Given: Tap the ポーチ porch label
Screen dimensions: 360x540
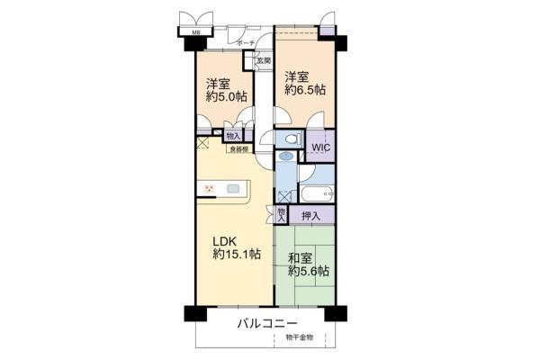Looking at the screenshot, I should pyautogui.click(x=245, y=44).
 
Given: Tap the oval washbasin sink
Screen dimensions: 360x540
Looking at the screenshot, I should pyautogui.click(x=285, y=156).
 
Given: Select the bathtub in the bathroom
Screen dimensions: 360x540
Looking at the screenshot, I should pyautogui.click(x=317, y=194).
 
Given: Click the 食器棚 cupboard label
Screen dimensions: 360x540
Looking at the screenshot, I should pyautogui.click(x=238, y=151).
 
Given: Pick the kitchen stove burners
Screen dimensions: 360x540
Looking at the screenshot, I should pyautogui.click(x=211, y=189).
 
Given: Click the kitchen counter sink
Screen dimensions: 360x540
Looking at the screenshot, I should pyautogui.click(x=236, y=189).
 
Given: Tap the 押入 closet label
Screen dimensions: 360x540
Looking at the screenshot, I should pyautogui.click(x=311, y=215).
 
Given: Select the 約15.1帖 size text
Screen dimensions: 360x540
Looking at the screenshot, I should pyautogui.click(x=237, y=256).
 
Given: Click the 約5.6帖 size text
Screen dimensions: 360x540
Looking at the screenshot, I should pyautogui.click(x=309, y=271).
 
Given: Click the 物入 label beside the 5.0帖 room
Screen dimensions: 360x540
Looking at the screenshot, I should pyautogui.click(x=233, y=136).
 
